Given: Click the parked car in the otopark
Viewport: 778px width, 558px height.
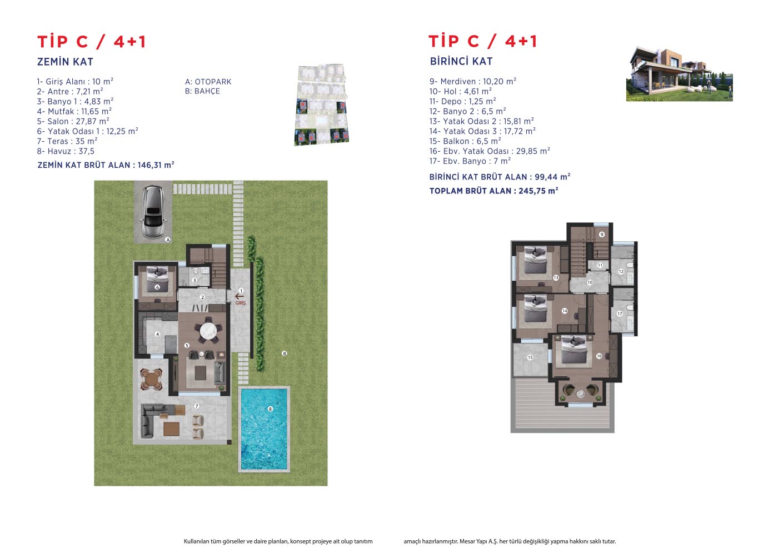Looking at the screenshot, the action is tap(153, 213).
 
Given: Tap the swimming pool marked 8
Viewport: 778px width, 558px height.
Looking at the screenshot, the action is tap(264, 429).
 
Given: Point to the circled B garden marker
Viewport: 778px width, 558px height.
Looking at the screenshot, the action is tap(284, 353).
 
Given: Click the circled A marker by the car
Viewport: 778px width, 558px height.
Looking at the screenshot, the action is tap(168, 240).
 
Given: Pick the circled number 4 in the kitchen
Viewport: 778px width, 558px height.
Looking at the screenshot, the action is tap(157, 334).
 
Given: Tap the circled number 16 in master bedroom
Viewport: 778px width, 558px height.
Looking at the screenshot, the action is tap(599, 356).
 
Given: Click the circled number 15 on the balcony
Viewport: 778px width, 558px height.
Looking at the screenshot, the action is tap(530, 357).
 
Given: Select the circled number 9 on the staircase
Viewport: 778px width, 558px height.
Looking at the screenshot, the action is tap(602, 235).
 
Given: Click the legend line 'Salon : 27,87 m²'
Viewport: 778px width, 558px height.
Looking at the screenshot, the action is tap(73, 121).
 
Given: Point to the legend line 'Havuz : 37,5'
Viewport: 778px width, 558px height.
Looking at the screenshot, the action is tap(66, 151).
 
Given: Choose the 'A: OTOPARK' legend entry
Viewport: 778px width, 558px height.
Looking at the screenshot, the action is tap(208, 82).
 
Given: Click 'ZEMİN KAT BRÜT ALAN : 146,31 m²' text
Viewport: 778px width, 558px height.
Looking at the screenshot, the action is tap(106, 165).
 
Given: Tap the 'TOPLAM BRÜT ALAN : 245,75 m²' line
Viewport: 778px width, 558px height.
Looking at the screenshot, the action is tap(493, 191).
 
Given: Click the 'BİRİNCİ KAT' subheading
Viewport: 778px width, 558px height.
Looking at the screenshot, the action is tap(461, 62).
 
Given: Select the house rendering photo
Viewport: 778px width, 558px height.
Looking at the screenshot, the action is tap(679, 74).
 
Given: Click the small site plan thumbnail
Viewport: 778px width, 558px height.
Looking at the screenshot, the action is tap(322, 104).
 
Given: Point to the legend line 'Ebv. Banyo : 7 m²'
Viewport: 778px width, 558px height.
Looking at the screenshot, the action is tap(470, 161).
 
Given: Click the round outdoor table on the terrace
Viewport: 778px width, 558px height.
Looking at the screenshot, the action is tap(151, 379).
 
